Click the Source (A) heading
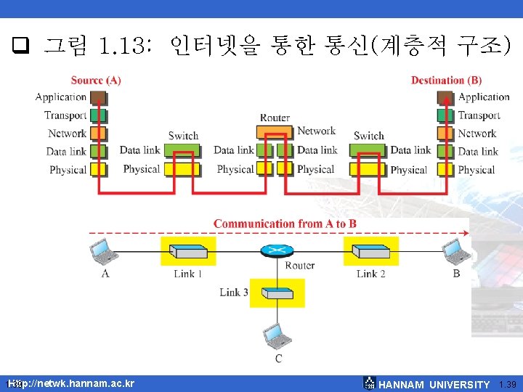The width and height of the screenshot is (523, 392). (x=96, y=80)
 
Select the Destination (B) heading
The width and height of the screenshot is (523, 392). (x=446, y=80)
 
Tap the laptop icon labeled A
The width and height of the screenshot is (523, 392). (x=104, y=251)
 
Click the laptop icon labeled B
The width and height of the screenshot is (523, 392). (x=457, y=251)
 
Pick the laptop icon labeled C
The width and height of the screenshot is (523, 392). (x=277, y=335)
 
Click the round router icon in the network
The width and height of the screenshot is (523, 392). (x=277, y=250)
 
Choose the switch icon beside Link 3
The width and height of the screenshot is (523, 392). (x=277, y=293)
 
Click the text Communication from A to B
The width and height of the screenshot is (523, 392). (x=285, y=224)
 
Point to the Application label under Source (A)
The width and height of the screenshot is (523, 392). (x=61, y=97)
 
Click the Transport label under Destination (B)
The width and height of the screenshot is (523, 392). (x=479, y=115)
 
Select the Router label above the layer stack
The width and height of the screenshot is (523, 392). (x=275, y=118)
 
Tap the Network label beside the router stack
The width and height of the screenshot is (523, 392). (x=316, y=131)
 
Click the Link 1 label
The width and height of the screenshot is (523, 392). (x=188, y=274)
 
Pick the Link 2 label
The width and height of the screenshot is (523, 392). (x=370, y=274)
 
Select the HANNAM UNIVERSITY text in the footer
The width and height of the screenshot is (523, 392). (x=434, y=385)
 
